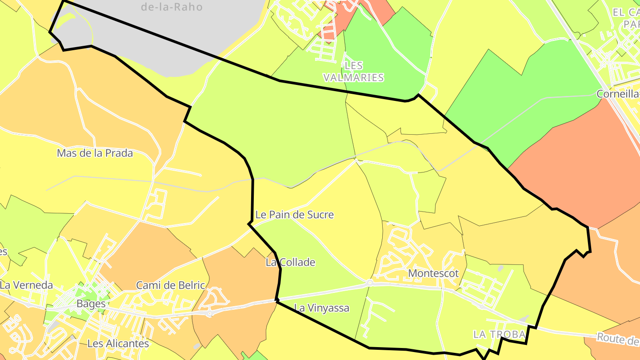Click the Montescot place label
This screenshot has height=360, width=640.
click(x=433, y=273)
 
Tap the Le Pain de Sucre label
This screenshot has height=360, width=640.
click(x=294, y=215)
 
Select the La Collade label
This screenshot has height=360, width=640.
click(x=290, y=262)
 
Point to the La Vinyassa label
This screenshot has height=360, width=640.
click(x=322, y=308)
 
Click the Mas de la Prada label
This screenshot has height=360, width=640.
click(x=95, y=153)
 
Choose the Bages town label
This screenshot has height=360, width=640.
click(x=91, y=304)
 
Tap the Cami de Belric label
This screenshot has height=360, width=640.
click(x=171, y=285)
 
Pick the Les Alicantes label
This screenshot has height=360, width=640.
click(x=118, y=344)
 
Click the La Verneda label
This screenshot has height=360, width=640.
click(x=26, y=285)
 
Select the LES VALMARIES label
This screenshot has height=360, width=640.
click(x=353, y=72)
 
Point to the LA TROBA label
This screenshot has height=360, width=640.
click(x=499, y=334)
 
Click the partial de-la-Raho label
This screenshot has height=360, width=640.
click(x=172, y=7)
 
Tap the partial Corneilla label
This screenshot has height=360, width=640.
click(x=618, y=94)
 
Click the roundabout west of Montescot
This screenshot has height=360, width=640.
click(x=369, y=283)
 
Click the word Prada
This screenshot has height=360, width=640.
click(x=119, y=153)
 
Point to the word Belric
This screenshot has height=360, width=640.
click(x=191, y=285)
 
